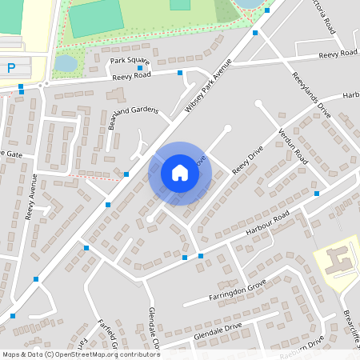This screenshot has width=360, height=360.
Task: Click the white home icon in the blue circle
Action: [x=179, y=173]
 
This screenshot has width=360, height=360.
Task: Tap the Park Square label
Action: [x=129, y=61]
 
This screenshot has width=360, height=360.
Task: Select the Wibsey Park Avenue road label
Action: [x=204, y=87]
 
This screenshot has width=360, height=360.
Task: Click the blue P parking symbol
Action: [x=10, y=69]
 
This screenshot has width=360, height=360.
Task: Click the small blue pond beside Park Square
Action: [x=66, y=63]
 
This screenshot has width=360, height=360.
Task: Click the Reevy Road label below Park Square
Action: [x=131, y=75]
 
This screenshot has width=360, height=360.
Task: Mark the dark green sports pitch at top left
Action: [x=96, y=18]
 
